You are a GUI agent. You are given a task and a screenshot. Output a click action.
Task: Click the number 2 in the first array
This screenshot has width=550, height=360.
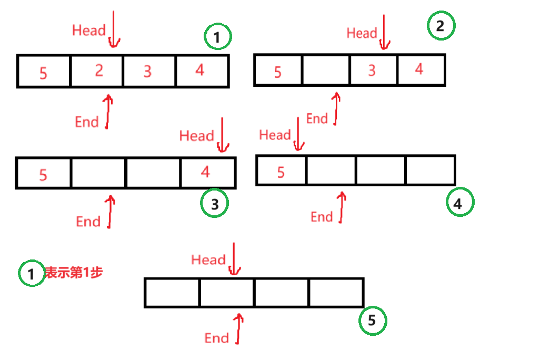99,70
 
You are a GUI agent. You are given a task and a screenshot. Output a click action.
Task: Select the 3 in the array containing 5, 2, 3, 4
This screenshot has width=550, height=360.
148,71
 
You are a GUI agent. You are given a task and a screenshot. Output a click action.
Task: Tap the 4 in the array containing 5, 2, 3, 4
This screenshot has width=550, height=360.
199,70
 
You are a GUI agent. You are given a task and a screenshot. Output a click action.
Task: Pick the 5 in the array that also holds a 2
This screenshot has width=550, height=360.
43,73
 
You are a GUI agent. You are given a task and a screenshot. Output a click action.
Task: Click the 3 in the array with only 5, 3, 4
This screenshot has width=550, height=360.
372,71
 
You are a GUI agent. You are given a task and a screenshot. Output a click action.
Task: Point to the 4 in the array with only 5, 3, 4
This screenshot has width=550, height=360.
419,69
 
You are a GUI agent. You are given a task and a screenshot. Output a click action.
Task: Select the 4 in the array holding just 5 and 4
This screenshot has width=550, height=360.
205,172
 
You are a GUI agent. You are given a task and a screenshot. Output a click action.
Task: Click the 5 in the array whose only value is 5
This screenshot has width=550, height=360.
281,172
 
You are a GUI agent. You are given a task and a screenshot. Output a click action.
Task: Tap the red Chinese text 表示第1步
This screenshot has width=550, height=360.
74,272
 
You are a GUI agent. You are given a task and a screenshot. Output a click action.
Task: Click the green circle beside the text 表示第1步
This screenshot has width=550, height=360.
32,273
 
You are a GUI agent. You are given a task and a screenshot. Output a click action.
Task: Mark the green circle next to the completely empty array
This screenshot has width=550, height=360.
373,321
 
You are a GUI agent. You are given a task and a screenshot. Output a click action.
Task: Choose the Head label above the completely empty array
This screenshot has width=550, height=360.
208,260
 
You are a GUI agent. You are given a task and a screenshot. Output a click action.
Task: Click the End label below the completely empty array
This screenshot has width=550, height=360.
216,338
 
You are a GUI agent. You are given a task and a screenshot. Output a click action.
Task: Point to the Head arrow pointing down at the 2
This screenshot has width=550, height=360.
114,29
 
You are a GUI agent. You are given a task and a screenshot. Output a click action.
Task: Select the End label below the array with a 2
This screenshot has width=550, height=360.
87,122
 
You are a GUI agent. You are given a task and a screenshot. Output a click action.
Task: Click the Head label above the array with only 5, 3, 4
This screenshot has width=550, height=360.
362,34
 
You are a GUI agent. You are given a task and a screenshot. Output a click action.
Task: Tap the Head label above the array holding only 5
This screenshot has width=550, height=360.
275,135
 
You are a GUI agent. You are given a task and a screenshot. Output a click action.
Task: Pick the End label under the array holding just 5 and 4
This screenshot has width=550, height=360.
88,222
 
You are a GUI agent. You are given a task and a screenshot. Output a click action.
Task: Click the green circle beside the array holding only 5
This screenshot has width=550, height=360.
460,202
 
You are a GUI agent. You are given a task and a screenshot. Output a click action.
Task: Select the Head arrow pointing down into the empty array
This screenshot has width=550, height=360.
234,258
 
